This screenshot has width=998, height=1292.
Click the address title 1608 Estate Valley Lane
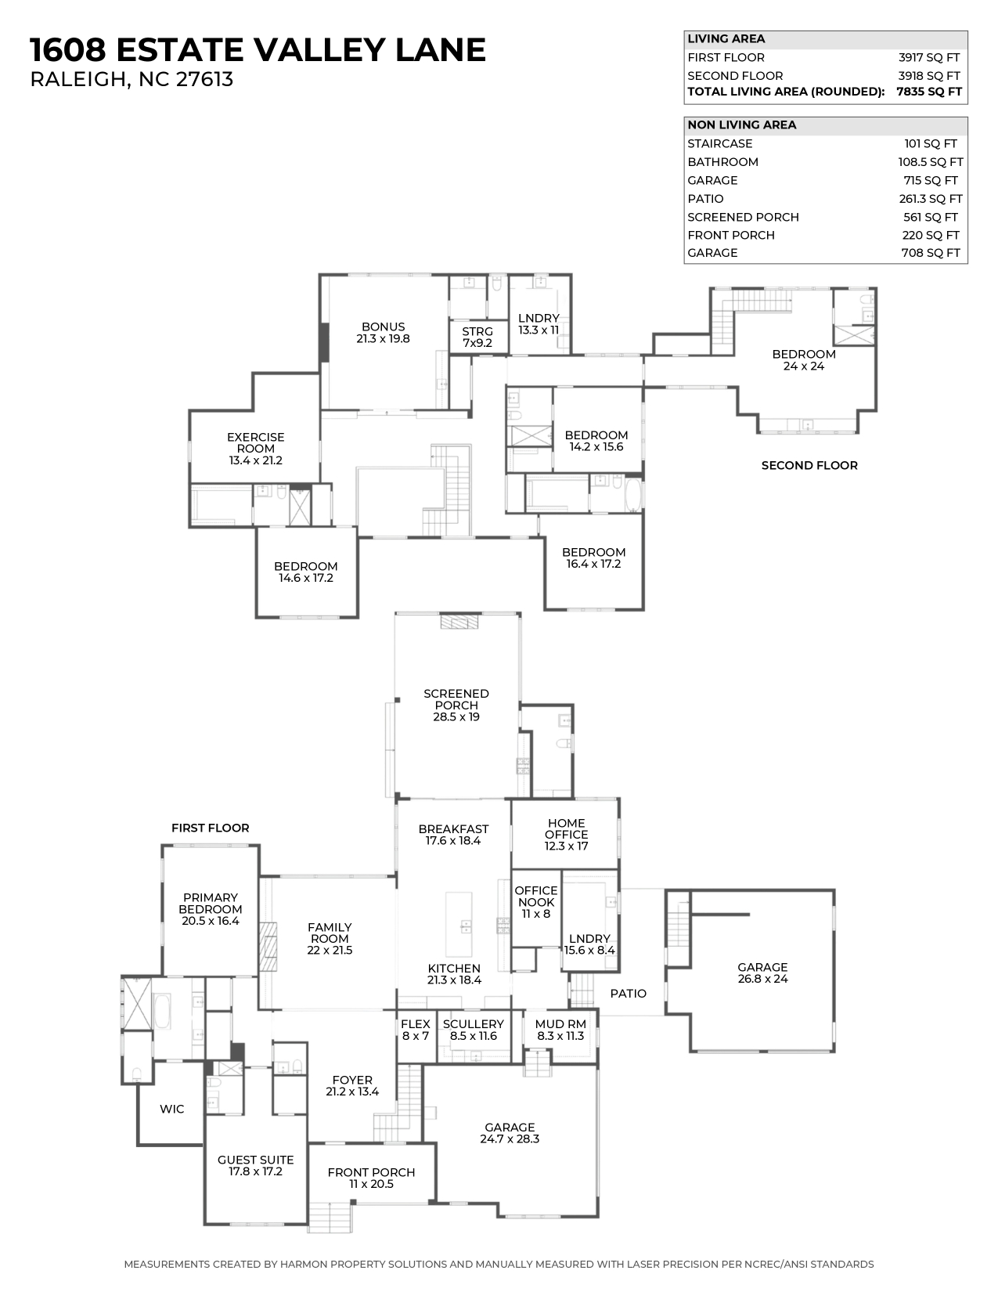[258, 50]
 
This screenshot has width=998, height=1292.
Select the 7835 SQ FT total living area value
[928, 92]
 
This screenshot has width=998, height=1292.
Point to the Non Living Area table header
[741, 125]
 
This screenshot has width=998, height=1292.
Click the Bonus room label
[383, 333]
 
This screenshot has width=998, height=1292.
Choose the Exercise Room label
[255, 449]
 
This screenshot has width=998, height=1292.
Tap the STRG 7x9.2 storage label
[477, 337]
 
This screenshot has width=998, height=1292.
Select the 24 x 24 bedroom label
[803, 359]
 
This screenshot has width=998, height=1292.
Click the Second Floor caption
[809, 465]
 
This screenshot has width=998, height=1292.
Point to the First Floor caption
[210, 828]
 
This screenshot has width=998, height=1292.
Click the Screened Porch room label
[456, 705]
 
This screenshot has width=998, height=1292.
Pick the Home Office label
[566, 834]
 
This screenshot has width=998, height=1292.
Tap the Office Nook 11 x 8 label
[535, 902]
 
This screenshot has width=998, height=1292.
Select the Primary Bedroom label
[210, 909]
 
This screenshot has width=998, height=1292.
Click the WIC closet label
[171, 1109]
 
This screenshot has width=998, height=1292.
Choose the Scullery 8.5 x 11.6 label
[473, 1030]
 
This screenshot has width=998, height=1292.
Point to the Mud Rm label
[560, 1030]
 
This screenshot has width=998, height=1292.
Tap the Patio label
[628, 994]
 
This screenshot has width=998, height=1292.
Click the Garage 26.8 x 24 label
[762, 973]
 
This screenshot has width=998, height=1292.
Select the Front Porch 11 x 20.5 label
[371, 1178]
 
